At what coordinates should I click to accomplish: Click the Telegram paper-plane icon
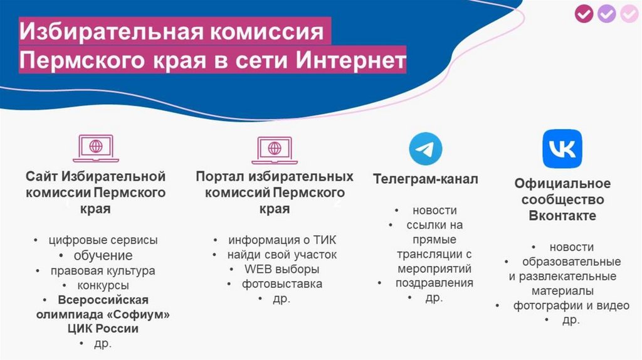pyautogui.click(x=426, y=149)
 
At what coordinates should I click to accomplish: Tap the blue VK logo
pyautogui.click(x=562, y=149)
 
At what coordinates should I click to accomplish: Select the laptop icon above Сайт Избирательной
pyautogui.click(x=96, y=148)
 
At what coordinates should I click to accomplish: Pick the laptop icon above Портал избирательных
pyautogui.click(x=275, y=151)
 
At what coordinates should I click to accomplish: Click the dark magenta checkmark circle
pyautogui.click(x=584, y=14)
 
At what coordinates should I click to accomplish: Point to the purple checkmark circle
pyautogui.click(x=606, y=14)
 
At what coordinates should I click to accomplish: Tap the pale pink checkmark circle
pyautogui.click(x=629, y=14)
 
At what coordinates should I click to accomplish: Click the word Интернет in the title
pyautogui.click(x=351, y=60)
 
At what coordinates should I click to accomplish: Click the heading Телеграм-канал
pyautogui.click(x=426, y=179)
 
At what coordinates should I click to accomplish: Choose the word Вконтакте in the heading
pyautogui.click(x=562, y=215)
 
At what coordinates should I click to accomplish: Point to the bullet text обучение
pyautogui.click(x=103, y=255)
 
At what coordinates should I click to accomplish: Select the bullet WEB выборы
pyautogui.click(x=282, y=269)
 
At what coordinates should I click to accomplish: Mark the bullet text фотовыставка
pyautogui.click(x=282, y=284)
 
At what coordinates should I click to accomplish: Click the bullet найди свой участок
pyautogui.click(x=282, y=255)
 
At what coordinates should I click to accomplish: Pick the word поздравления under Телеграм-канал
pyautogui.click(x=434, y=283)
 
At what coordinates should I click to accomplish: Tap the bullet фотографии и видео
pyautogui.click(x=571, y=305)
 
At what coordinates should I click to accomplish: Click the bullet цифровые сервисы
pyautogui.click(x=103, y=240)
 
